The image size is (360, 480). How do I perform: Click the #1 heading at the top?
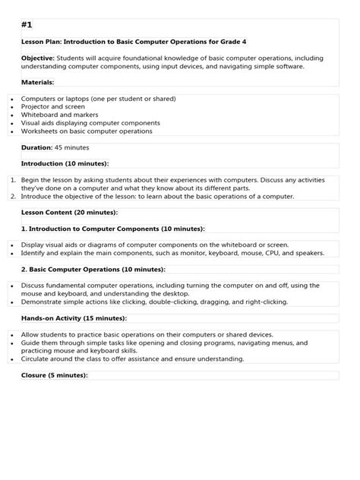pyautogui.click(x=27, y=25)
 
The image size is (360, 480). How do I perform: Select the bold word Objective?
pyautogui.click(x=37, y=58)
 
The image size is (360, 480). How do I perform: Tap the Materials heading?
pyautogui.click(x=37, y=81)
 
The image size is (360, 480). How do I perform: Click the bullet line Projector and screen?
pyautogui.click(x=54, y=106)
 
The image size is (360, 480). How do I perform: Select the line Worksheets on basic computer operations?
pyautogui.click(x=87, y=131)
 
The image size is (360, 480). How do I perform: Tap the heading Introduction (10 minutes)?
pyautogui.click(x=65, y=163)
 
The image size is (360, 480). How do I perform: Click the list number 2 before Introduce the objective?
pyautogui.click(x=14, y=195)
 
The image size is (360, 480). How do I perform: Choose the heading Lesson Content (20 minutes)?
pyautogui.click(x=69, y=212)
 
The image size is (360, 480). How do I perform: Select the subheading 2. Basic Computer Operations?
pyautogui.click(x=93, y=269)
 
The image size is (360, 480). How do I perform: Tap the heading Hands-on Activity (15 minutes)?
pyautogui.click(x=74, y=317)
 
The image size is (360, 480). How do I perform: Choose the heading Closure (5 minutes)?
pyautogui.click(x=55, y=374)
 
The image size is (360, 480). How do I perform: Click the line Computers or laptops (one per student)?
pyautogui.click(x=99, y=98)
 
